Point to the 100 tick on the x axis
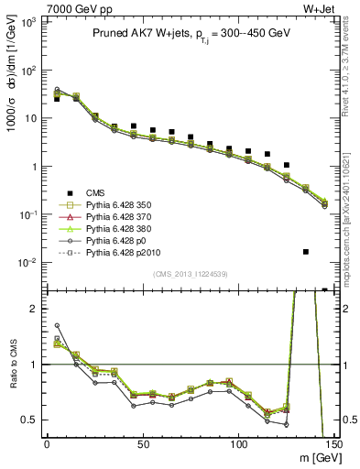coord(238,443)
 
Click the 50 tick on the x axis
coord(142,443)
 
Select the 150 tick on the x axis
coord(333,443)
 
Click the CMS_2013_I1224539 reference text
coord(189,272)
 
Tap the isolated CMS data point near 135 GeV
coord(305,251)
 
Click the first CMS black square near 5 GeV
coord(57,99)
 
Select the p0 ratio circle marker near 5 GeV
coord(57,325)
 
